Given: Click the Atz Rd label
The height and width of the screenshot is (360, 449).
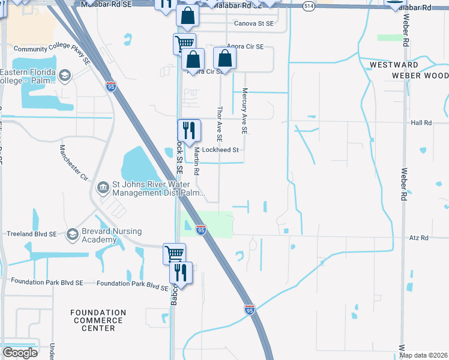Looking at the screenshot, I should [x=420, y=238].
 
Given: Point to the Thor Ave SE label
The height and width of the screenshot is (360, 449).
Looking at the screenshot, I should [x=219, y=125].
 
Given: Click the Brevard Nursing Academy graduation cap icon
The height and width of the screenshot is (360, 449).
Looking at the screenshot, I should [x=73, y=233].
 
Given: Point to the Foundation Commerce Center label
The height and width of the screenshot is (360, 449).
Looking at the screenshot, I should [x=98, y=320].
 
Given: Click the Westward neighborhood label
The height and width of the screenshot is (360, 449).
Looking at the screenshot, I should [x=394, y=64].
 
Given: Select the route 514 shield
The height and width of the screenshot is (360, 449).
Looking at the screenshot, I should [x=309, y=6].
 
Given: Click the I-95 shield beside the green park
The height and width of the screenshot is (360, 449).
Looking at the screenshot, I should [x=201, y=230].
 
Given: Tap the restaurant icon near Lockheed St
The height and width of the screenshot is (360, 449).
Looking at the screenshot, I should [x=189, y=130].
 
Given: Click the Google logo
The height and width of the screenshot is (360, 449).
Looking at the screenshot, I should [x=20, y=352].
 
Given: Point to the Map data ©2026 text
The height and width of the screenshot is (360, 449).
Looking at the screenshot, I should [x=423, y=355].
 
